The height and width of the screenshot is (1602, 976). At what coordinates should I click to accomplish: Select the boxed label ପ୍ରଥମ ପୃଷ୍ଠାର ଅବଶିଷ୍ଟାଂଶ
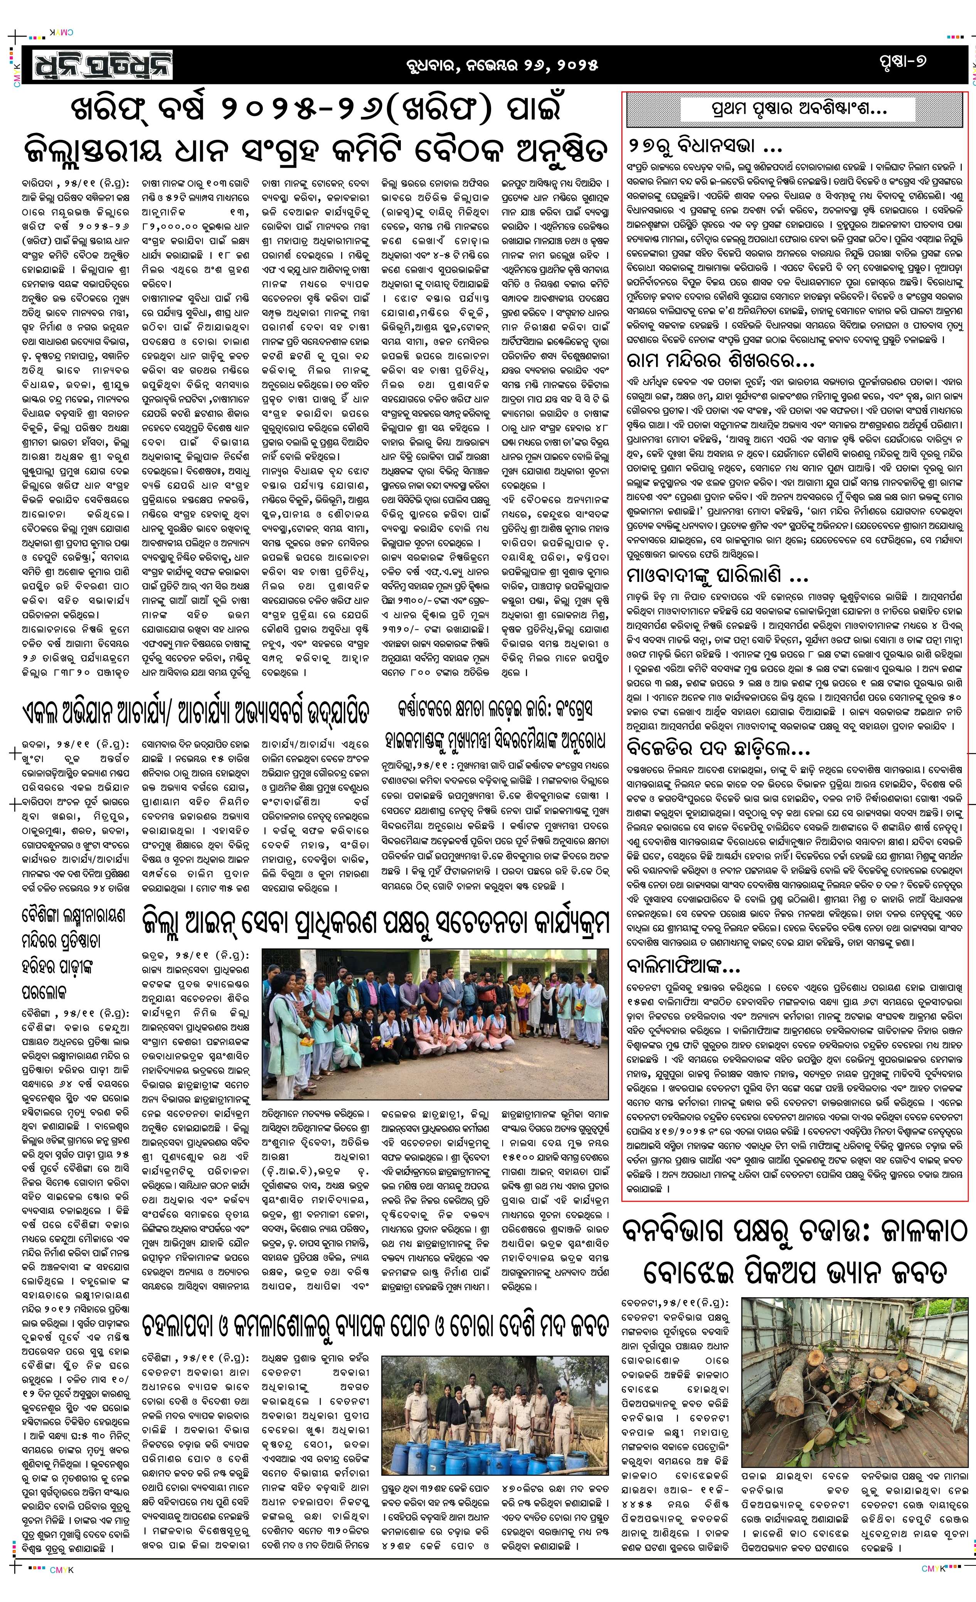point(794,111)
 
